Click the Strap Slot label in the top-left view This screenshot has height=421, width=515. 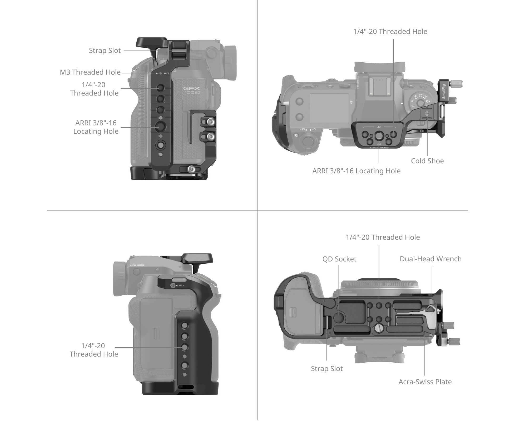pyautogui.click(x=105, y=51)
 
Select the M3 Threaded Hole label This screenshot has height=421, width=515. pyautogui.click(x=90, y=72)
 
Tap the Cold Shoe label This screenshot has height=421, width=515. pyautogui.click(x=427, y=161)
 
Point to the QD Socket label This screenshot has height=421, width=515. pyautogui.click(x=339, y=259)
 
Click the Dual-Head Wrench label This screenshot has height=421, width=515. pyautogui.click(x=430, y=259)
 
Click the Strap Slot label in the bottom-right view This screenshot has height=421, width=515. pyautogui.click(x=327, y=369)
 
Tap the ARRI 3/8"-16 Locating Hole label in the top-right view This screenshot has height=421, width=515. pyautogui.click(x=356, y=171)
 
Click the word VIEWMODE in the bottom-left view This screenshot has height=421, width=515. pyautogui.click(x=137, y=265)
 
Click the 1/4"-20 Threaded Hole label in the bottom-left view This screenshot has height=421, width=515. pyautogui.click(x=94, y=350)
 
